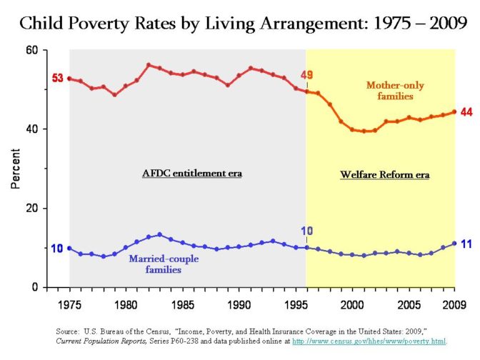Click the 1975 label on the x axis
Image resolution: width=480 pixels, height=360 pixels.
(x=69, y=303)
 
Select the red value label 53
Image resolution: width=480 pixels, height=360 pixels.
(x=57, y=78)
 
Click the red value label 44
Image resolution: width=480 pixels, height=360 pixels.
(x=466, y=112)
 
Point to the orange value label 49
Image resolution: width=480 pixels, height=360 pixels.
(x=306, y=76)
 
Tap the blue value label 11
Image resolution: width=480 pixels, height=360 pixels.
(x=465, y=244)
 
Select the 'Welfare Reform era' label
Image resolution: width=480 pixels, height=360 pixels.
(x=379, y=174)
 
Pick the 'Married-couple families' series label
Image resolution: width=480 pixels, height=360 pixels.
(x=164, y=264)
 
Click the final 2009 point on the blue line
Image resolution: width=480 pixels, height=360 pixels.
(x=454, y=244)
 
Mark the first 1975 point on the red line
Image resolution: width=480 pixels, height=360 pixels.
(x=69, y=79)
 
